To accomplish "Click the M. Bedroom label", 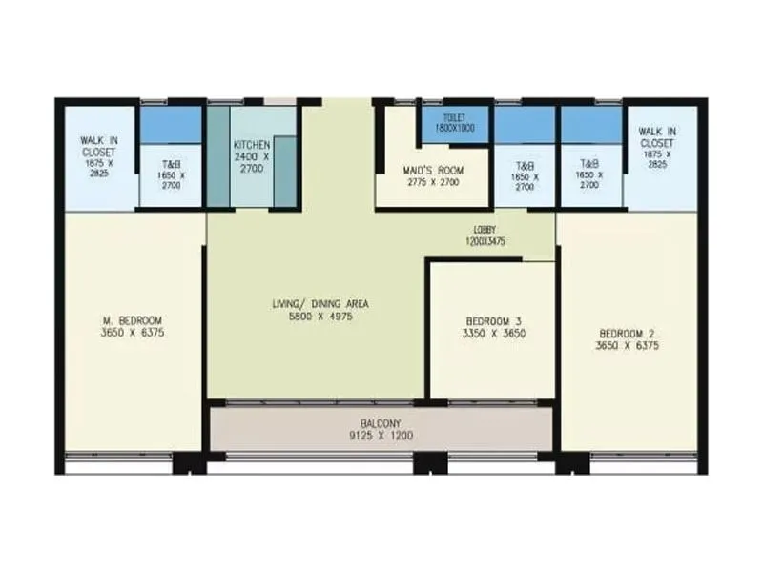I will (x=133, y=319).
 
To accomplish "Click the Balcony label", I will (x=381, y=423).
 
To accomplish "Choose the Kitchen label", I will (x=252, y=145).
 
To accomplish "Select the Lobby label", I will (x=484, y=230).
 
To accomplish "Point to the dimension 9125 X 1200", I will (x=381, y=437).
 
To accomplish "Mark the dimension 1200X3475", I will (x=484, y=242).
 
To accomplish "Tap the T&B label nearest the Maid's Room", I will (x=525, y=165).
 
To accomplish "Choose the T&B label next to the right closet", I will (x=589, y=164).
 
